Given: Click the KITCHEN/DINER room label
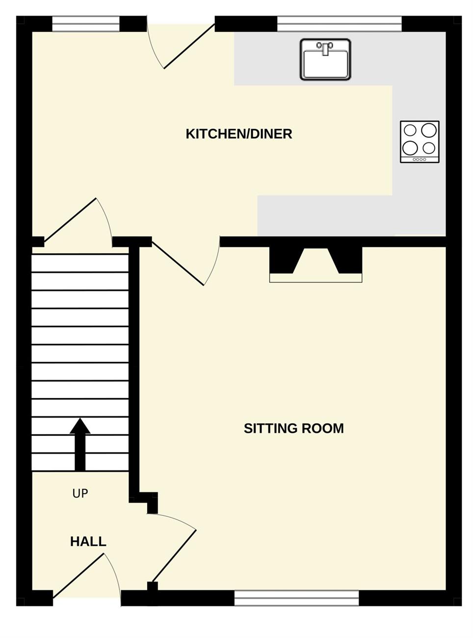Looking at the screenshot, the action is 238,134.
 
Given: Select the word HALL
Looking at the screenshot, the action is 88,542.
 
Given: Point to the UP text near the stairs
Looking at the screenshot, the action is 80,493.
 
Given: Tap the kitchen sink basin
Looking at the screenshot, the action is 325,59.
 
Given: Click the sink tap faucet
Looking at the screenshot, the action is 325,48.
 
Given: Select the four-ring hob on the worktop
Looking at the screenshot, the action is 420,142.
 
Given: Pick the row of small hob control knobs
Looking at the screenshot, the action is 419,159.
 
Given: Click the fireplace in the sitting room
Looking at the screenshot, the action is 315,265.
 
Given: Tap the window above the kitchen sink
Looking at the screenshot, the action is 339,24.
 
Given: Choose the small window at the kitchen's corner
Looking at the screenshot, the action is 86,24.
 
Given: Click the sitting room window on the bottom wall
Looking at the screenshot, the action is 297,598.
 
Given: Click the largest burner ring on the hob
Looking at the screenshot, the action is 429,130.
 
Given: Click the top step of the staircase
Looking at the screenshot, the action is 80,263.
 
